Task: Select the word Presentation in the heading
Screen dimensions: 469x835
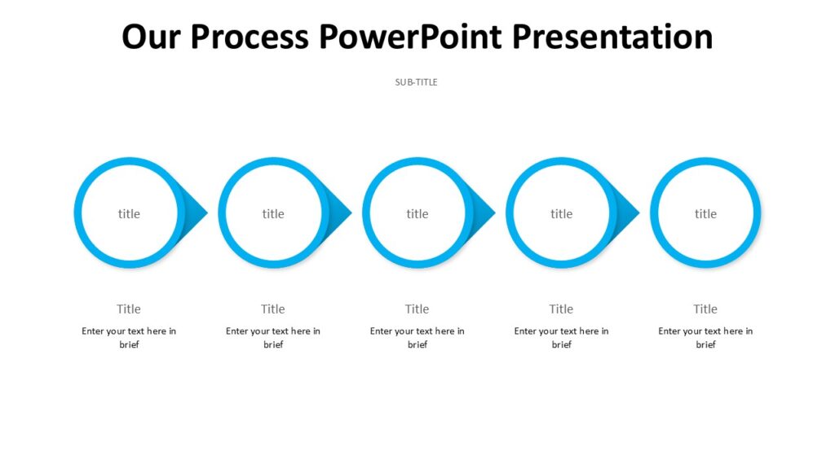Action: (612, 37)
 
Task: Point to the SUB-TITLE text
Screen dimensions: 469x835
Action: (417, 82)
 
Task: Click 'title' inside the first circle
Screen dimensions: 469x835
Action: (129, 214)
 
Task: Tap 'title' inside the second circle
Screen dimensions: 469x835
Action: (273, 214)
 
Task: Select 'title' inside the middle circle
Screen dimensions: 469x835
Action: (417, 214)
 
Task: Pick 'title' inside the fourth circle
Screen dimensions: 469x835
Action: (561, 214)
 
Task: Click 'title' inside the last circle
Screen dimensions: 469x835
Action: (705, 214)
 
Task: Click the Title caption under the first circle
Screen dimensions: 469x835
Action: (129, 309)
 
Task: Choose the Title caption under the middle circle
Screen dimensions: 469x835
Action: (417, 309)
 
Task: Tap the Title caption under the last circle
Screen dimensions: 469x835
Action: (705, 309)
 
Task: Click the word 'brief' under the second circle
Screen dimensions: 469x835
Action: (273, 345)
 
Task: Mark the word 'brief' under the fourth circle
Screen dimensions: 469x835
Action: (561, 345)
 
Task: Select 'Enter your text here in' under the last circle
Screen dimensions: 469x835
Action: (705, 331)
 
